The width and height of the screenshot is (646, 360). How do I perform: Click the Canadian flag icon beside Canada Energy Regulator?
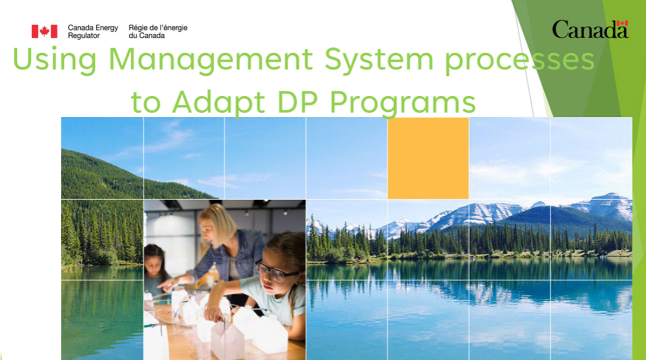coord(44,31)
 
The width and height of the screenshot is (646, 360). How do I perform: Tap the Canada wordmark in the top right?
coord(590,30)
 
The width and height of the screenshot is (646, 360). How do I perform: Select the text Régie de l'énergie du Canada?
coord(158,31)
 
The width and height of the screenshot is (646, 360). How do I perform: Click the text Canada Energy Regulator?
coord(93,31)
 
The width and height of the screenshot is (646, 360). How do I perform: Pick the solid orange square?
coord(428,158)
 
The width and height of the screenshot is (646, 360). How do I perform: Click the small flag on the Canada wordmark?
coord(622,24)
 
